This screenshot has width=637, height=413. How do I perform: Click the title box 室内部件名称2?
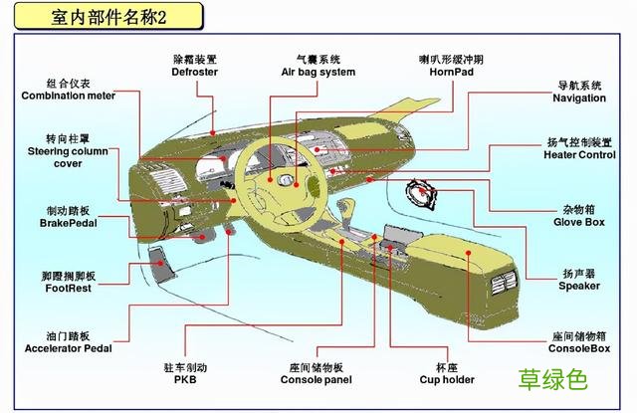(106, 17)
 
